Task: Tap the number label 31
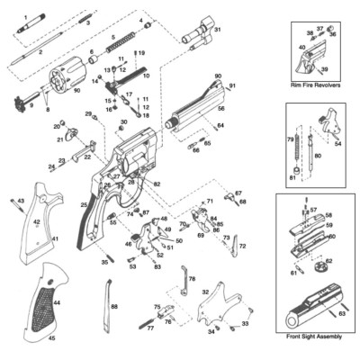tap(216, 30)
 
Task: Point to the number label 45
tap(51, 338)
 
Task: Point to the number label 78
tap(191, 279)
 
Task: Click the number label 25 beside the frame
tap(84, 206)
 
